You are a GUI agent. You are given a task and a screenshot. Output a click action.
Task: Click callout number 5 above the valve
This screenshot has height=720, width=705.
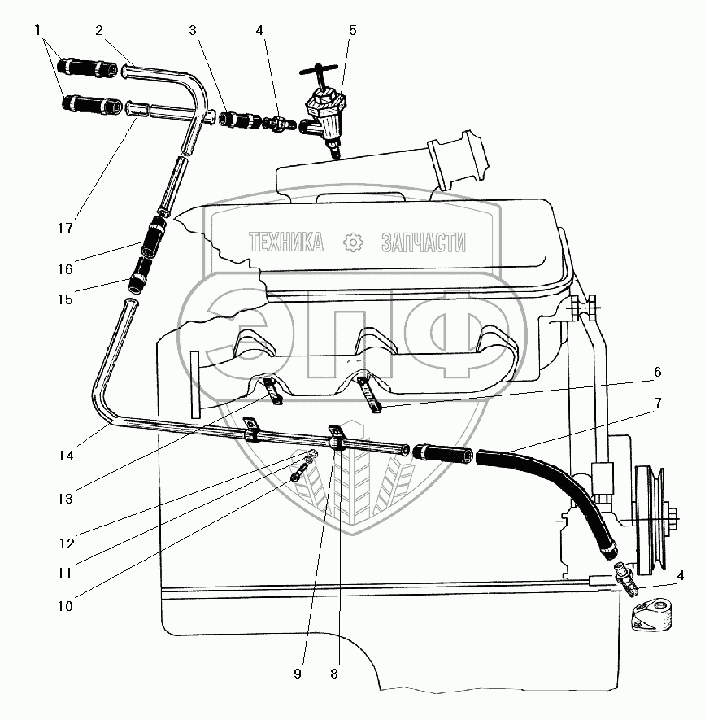tap(353, 30)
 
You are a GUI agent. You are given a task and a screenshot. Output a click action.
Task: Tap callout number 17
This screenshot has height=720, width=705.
tap(65, 227)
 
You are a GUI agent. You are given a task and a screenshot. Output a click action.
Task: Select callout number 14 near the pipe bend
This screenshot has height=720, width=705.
tap(66, 456)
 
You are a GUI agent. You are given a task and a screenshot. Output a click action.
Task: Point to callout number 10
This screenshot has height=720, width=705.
tap(65, 606)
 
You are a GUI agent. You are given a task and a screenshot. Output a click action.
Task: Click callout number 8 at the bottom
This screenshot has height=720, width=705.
tap(334, 674)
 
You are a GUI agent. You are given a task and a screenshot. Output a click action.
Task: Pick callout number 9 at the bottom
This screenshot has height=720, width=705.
tap(298, 674)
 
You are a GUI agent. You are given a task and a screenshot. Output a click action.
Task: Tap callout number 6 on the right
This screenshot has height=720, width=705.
tap(657, 372)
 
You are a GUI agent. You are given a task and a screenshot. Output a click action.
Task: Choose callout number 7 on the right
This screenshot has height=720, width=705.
tap(658, 403)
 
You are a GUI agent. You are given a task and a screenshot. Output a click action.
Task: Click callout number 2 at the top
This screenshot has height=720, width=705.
tap(99, 30)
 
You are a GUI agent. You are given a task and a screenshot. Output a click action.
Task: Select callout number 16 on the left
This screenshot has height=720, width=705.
tap(65, 269)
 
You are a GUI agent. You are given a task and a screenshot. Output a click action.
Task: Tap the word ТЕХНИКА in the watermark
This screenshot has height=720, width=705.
tap(286, 242)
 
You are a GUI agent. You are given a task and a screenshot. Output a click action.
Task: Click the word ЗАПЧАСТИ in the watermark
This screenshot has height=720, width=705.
tap(423, 242)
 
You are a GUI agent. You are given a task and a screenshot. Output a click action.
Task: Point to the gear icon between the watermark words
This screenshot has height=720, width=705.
tap(353, 242)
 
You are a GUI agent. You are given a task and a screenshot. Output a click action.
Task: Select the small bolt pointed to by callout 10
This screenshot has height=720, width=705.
tap(299, 473)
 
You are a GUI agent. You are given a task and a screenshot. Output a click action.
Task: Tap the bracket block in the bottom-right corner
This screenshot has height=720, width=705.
tap(653, 613)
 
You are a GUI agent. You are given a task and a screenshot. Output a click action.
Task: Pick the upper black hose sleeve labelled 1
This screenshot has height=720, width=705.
tap(87, 68)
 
